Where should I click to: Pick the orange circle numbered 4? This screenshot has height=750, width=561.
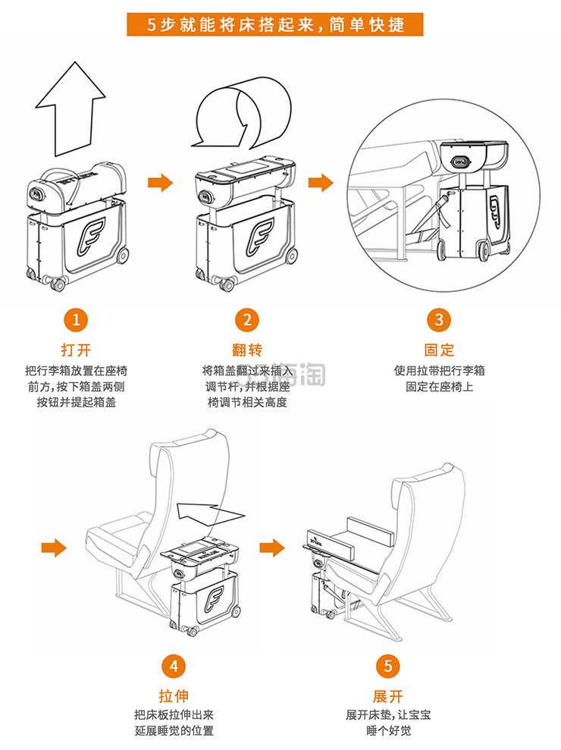coord(174,667)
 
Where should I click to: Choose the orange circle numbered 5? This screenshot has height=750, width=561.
coord(387,667)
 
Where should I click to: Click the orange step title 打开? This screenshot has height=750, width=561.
coord(75,350)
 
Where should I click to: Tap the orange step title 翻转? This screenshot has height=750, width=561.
coord(246,350)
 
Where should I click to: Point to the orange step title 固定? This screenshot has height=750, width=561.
coord(439,350)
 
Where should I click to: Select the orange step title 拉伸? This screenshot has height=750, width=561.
coord(174,695)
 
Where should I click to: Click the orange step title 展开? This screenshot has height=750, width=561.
coord(387,695)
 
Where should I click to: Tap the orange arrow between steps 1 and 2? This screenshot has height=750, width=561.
coord(159,183)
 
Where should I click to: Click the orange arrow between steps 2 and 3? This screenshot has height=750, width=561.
coord(325,183)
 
